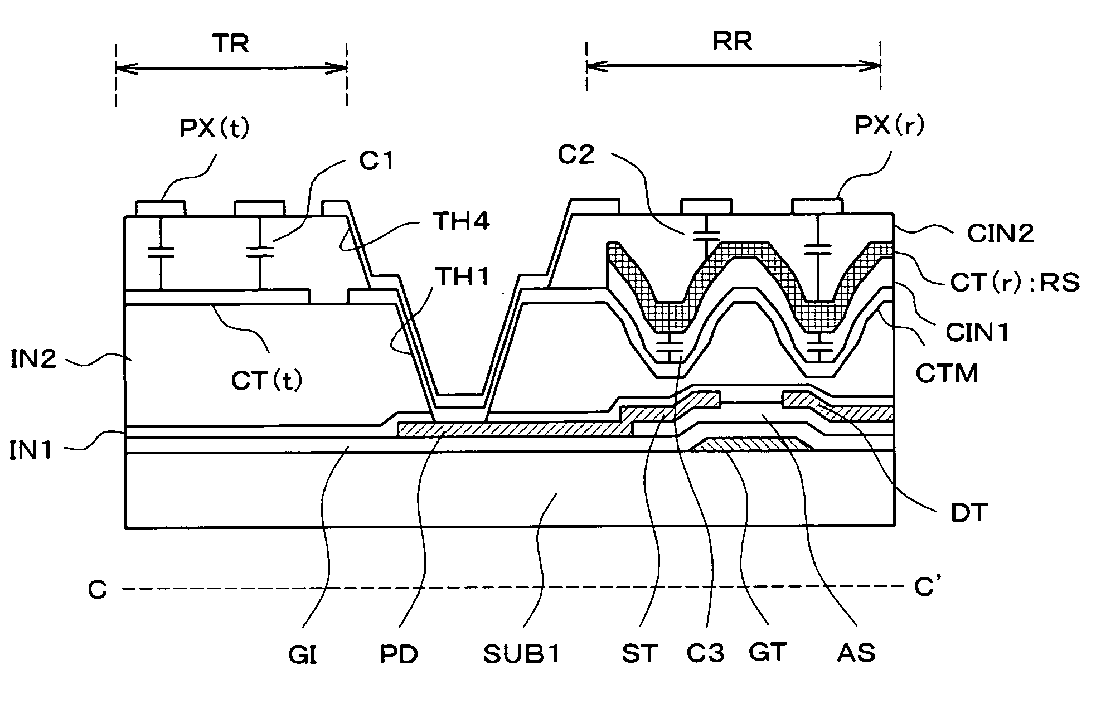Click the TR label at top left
[x=231, y=43]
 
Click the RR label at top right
[x=733, y=41]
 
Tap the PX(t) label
[x=215, y=129]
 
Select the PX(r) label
[x=890, y=126]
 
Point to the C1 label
[x=377, y=161]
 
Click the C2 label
[x=576, y=154]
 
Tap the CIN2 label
[x=1000, y=234]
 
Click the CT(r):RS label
[x=1015, y=283]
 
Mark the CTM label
[x=947, y=373]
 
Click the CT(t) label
[x=267, y=381]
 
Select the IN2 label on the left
[x=33, y=360]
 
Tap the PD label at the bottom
[x=399, y=655]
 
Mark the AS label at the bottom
[x=856, y=652]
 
